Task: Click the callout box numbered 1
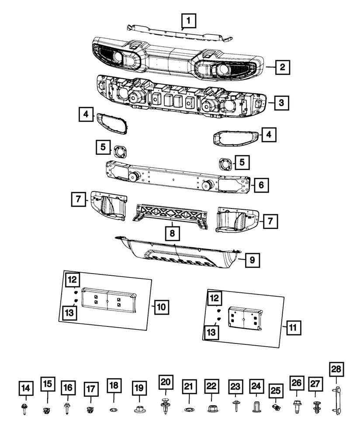(188, 20)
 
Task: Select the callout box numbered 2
(283, 67)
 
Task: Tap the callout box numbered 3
(282, 103)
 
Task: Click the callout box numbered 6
(260, 185)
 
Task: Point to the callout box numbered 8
(173, 234)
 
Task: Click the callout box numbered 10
(161, 307)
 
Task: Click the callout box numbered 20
(166, 382)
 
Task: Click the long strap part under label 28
(337, 401)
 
